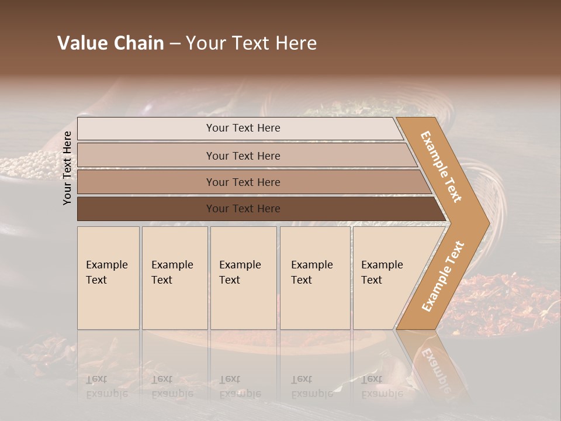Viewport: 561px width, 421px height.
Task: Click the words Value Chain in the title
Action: [x=110, y=43]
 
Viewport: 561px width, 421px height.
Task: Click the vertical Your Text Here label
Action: [x=68, y=168]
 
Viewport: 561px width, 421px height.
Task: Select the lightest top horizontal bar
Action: [x=146, y=129]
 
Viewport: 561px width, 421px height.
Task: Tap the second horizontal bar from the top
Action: [x=146, y=156]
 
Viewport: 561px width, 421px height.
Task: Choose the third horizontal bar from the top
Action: [x=146, y=182]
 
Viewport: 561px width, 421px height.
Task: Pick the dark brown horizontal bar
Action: [x=146, y=209]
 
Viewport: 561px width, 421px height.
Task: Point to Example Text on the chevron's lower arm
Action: [x=443, y=277]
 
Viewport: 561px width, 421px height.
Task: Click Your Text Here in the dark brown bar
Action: [x=243, y=209]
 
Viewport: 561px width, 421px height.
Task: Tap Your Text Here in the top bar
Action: [x=243, y=128]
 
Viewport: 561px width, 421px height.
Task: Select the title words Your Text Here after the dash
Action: [x=251, y=43]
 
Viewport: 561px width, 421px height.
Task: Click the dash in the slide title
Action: [x=175, y=44]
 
